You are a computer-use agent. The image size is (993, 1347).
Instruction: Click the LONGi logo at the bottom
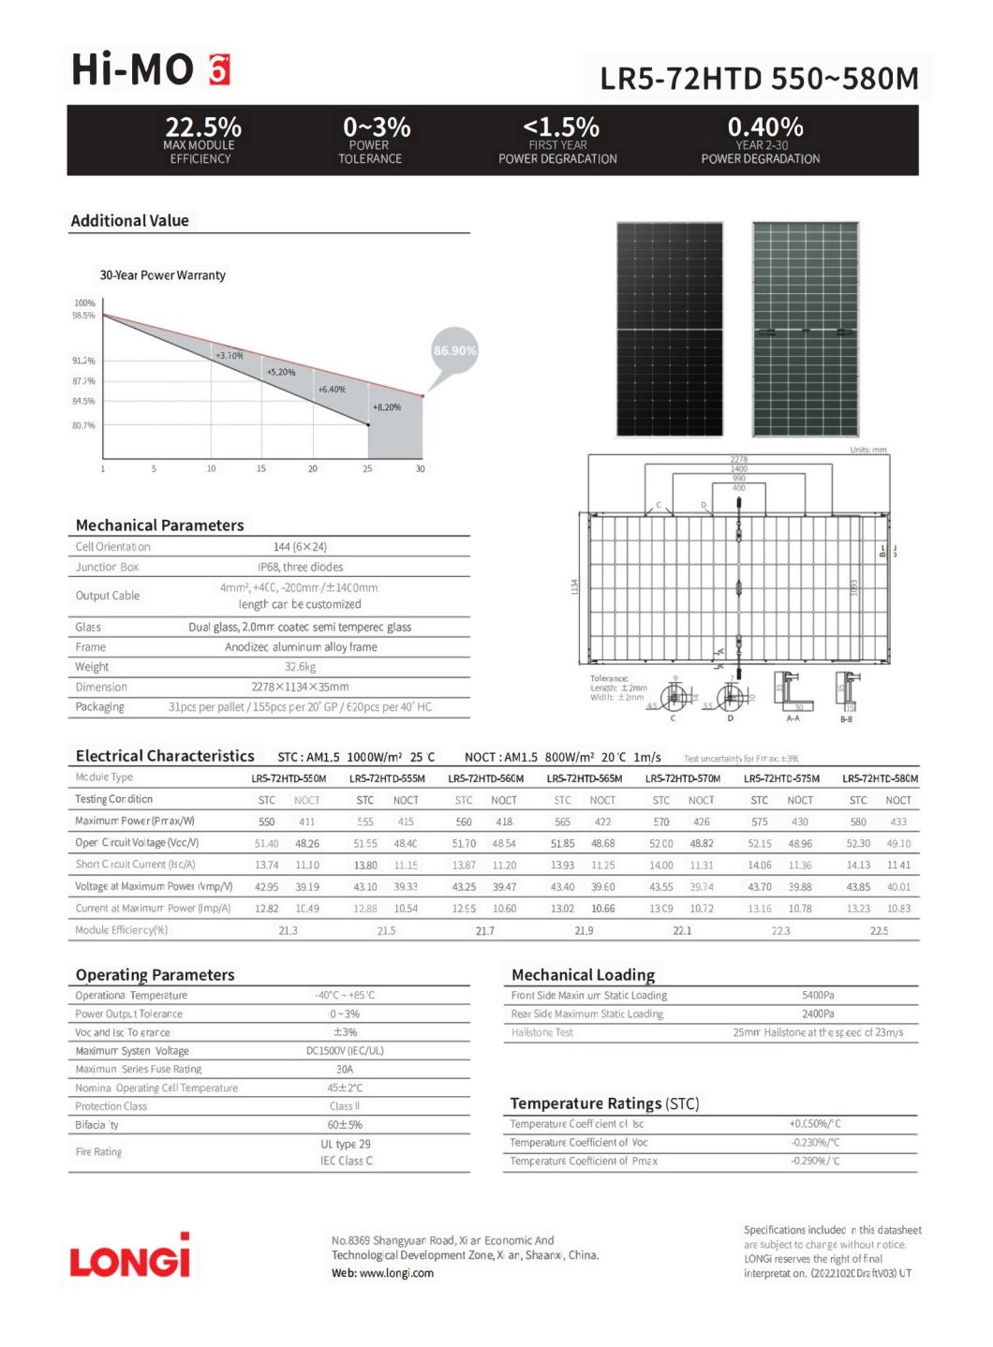coord(129,1257)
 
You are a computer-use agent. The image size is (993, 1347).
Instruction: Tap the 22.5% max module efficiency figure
coord(202,126)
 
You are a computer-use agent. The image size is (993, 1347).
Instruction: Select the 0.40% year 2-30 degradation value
coord(764,126)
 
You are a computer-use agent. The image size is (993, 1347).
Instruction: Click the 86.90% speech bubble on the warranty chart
coord(454,351)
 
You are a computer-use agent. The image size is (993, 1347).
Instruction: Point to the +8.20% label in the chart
coord(386,407)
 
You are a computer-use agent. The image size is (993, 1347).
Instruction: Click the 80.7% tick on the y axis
coord(83,425)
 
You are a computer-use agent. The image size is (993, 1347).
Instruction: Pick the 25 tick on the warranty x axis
coord(367,468)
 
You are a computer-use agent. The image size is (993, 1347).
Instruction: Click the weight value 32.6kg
coord(300,667)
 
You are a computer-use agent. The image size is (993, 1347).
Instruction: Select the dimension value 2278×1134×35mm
coord(300,687)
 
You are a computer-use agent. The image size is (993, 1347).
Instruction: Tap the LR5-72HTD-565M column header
coord(584,778)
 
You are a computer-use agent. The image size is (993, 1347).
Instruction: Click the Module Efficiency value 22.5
coord(879,930)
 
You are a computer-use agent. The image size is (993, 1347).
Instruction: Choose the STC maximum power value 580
coord(857,822)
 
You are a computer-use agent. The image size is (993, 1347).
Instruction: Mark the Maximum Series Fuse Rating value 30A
coord(344,1069)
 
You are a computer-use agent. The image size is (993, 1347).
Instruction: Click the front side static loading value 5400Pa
coord(817,995)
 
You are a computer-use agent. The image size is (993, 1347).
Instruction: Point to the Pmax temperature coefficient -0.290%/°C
coord(814,1161)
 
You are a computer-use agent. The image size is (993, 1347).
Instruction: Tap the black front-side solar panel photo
coord(669,329)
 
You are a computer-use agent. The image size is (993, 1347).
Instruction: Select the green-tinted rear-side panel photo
coord(805,329)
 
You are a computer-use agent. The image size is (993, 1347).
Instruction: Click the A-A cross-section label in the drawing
coord(793,718)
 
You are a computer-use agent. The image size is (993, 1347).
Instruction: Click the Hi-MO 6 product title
coord(150,69)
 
